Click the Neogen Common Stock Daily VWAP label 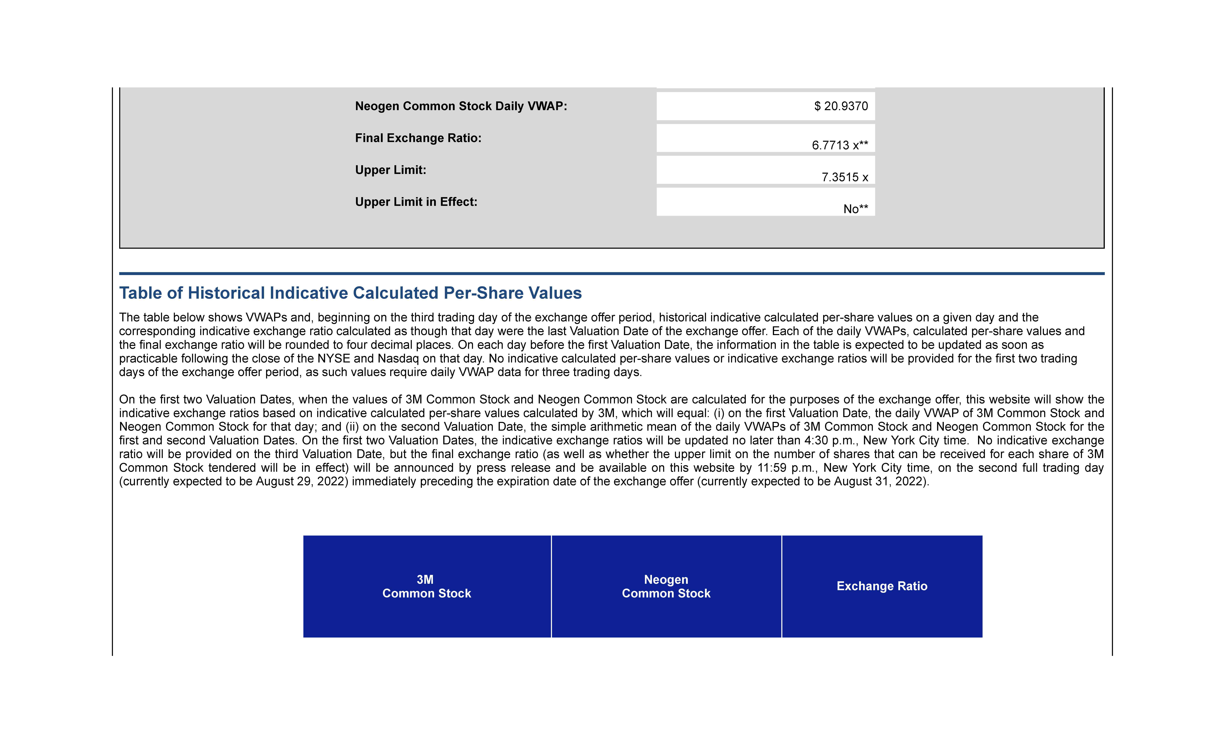click(460, 106)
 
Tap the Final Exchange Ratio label click(418, 138)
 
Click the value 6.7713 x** click(839, 145)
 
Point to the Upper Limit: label click(391, 170)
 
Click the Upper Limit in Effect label click(416, 202)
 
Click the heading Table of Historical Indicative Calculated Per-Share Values click(350, 293)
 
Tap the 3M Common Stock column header click(426, 587)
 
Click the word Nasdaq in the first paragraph click(398, 359)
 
